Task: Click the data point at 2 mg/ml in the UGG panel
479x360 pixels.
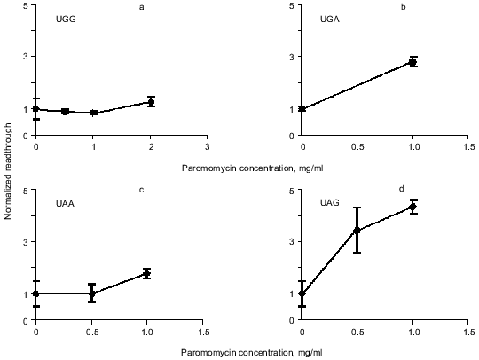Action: click(151, 102)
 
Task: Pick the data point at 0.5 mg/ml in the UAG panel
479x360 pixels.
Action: click(357, 231)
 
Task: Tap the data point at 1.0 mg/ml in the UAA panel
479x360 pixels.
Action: click(147, 273)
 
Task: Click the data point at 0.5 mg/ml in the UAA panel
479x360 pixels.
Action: click(91, 293)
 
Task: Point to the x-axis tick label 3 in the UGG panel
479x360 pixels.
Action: click(207, 146)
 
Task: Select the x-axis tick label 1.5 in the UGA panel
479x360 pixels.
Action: click(468, 146)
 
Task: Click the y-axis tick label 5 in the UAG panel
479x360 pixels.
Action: click(293, 190)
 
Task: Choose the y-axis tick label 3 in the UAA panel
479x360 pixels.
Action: click(26, 242)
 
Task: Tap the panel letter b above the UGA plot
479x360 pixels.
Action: click(404, 8)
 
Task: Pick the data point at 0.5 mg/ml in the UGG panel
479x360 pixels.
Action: click(65, 112)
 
